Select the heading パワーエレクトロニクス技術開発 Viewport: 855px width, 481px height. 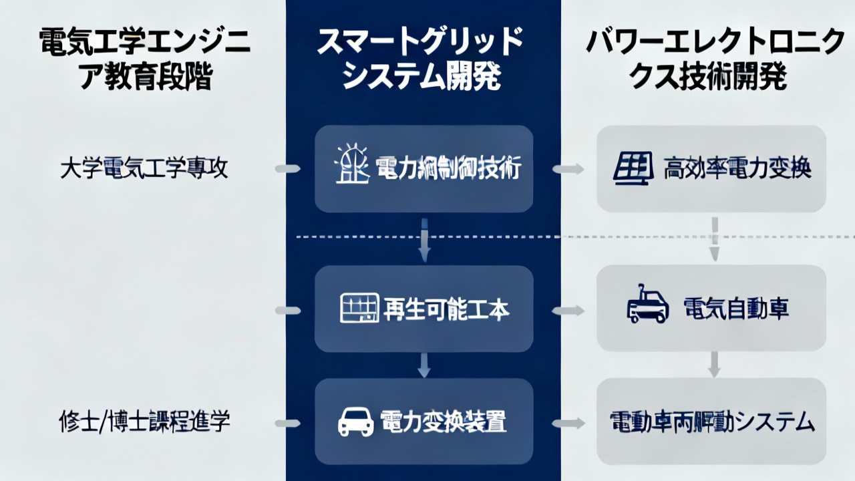(x=715, y=61)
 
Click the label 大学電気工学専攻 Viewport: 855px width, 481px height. (x=144, y=169)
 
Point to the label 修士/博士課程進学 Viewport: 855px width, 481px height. (x=144, y=421)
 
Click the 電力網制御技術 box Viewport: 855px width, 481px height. (x=423, y=169)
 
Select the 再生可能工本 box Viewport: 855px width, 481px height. (x=423, y=309)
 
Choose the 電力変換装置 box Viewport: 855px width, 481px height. (x=423, y=422)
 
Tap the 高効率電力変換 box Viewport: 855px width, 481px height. (x=711, y=169)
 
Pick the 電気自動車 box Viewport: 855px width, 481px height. (x=711, y=309)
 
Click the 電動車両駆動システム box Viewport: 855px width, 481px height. (x=711, y=422)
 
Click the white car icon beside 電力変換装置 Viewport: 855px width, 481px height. (x=356, y=422)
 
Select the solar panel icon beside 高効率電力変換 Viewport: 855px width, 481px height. (x=633, y=169)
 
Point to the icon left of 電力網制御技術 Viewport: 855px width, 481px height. (x=351, y=166)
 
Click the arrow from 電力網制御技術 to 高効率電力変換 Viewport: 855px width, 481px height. (x=568, y=169)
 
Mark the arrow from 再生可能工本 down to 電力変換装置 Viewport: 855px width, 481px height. (x=423, y=365)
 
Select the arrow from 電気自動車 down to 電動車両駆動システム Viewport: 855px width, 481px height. (x=713, y=364)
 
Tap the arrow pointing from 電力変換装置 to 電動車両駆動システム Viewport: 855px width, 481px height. (x=568, y=423)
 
